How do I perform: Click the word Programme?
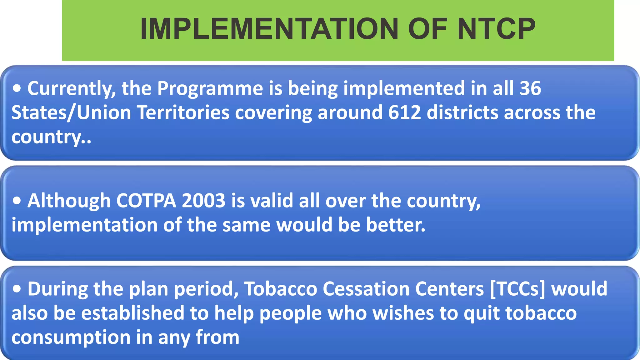tap(210, 89)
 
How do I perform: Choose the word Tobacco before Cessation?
tap(280, 289)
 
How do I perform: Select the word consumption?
tap(71, 338)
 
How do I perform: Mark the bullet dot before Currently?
tap(17, 89)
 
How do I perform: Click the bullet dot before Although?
tap(17, 201)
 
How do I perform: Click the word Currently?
tap(72, 89)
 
